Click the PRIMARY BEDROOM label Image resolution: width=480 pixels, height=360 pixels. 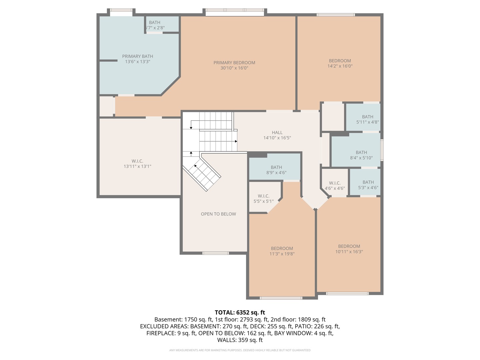click(234, 63)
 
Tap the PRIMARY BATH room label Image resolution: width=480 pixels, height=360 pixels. click(137, 56)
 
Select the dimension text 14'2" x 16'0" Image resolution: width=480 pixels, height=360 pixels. click(340, 66)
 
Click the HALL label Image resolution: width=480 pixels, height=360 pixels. click(277, 133)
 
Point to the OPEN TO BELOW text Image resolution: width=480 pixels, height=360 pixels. click(218, 214)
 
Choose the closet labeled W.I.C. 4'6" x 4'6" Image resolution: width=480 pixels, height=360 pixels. click(335, 186)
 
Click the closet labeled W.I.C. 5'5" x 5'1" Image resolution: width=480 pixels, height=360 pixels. click(263, 199)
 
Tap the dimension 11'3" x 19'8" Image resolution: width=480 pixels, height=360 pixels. click(282, 254)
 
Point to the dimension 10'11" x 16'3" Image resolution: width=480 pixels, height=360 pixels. click(349, 252)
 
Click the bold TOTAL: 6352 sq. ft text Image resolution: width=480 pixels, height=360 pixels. click(240, 312)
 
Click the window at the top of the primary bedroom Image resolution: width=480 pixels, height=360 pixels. click(235, 12)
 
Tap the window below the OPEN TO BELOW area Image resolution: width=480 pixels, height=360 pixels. click(216, 253)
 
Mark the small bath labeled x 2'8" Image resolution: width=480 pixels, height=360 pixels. click(155, 25)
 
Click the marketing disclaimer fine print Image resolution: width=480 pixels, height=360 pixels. click(240, 350)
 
